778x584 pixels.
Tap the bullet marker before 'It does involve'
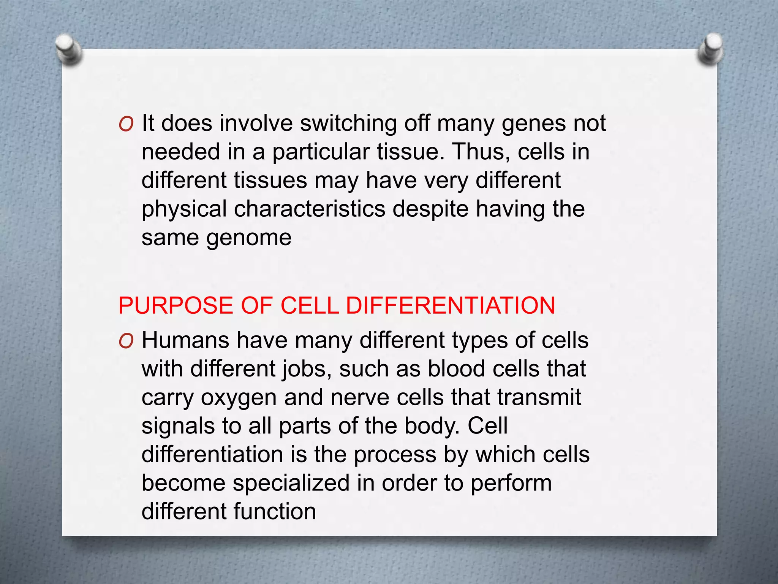point(126,124)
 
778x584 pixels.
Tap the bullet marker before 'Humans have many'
point(126,341)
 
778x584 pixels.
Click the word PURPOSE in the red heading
point(176,306)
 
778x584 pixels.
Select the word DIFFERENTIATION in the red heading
point(451,306)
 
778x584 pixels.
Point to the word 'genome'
point(249,238)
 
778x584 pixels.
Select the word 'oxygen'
point(239,398)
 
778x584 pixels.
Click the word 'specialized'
point(291,483)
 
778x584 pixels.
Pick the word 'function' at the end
point(275,511)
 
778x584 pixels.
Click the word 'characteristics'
point(310,209)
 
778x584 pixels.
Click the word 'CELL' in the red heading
point(309,306)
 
